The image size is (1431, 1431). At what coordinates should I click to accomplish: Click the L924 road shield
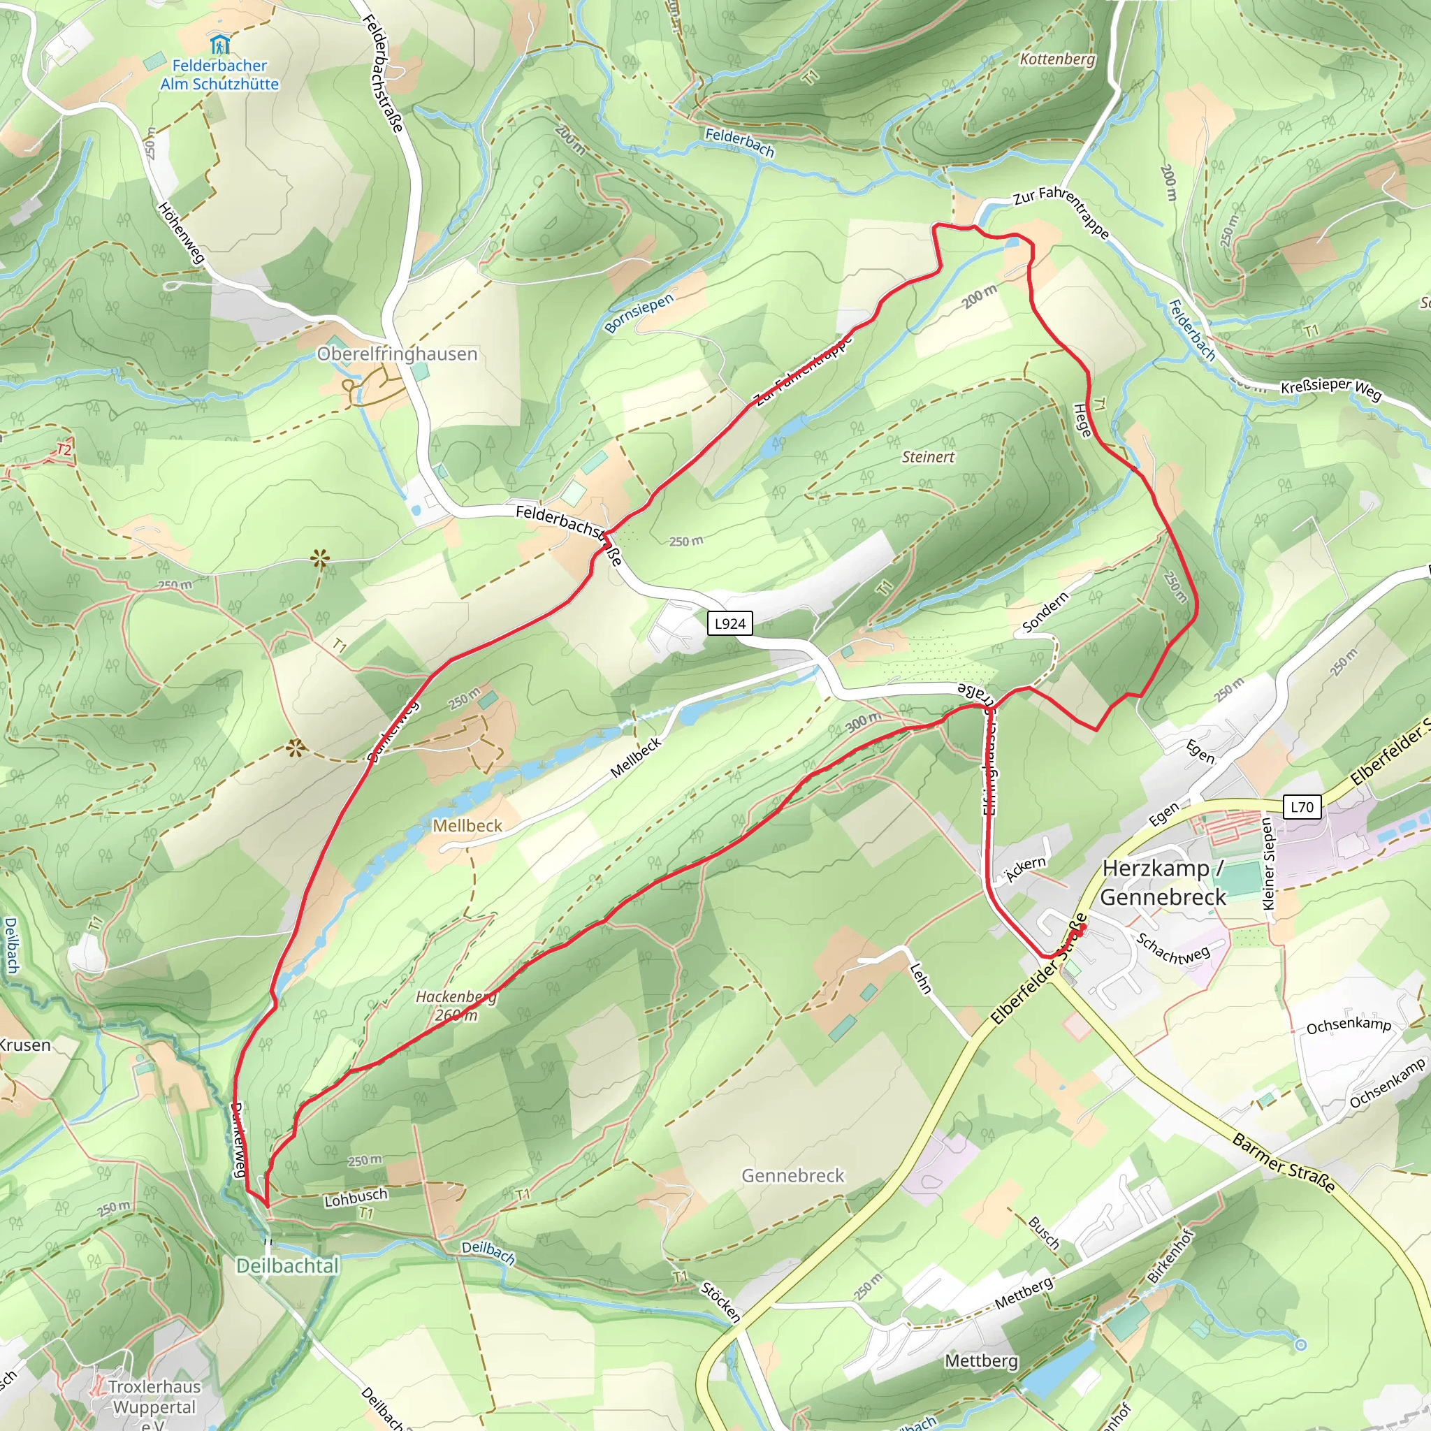tap(729, 624)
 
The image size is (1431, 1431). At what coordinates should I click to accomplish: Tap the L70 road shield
tap(1301, 807)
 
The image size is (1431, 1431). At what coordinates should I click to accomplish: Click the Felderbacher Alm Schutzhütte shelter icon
tap(219, 45)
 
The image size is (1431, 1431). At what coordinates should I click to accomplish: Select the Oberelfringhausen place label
tap(397, 354)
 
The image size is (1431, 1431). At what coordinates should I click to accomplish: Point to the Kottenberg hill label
tap(1057, 59)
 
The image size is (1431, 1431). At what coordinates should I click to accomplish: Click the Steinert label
tap(928, 457)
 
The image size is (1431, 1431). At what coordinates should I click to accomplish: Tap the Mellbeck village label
tap(467, 825)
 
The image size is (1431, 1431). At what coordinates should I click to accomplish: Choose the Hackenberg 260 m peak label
tap(456, 1006)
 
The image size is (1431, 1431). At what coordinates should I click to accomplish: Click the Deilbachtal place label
tap(287, 1266)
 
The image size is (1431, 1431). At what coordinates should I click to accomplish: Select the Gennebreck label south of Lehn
tap(792, 1175)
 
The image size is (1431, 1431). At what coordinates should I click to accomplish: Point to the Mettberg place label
tap(982, 1360)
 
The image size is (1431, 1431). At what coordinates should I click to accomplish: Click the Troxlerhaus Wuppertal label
tap(153, 1397)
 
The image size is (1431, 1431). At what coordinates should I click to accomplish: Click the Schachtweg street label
tap(1172, 950)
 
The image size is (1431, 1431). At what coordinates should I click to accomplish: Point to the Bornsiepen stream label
tap(639, 313)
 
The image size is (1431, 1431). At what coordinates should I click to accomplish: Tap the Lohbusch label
tap(356, 1197)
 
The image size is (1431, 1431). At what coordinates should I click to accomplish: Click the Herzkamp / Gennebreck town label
tap(1163, 883)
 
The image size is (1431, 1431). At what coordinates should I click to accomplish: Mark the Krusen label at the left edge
tap(25, 1045)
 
